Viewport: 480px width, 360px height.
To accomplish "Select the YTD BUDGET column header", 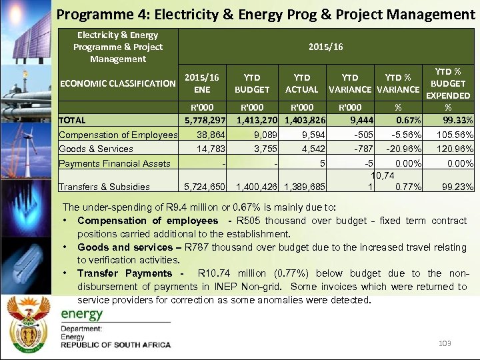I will click(x=252, y=83).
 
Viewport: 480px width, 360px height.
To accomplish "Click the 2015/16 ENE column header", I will click(x=201, y=83).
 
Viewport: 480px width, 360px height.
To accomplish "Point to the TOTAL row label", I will click(x=73, y=121).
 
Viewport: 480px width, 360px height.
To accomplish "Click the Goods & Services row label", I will click(x=96, y=149).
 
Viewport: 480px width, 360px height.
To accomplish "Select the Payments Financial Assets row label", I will click(x=115, y=163).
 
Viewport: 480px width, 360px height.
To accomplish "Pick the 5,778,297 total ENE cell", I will click(x=205, y=121).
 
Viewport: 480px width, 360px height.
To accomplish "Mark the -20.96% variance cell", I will click(x=399, y=149).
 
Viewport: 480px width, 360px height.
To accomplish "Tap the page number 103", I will click(x=445, y=343).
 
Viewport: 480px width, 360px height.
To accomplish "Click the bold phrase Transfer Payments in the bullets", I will click(x=125, y=273).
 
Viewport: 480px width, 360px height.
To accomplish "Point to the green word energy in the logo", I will click(x=82, y=314).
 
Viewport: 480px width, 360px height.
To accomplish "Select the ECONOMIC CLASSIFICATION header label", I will click(x=117, y=83).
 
